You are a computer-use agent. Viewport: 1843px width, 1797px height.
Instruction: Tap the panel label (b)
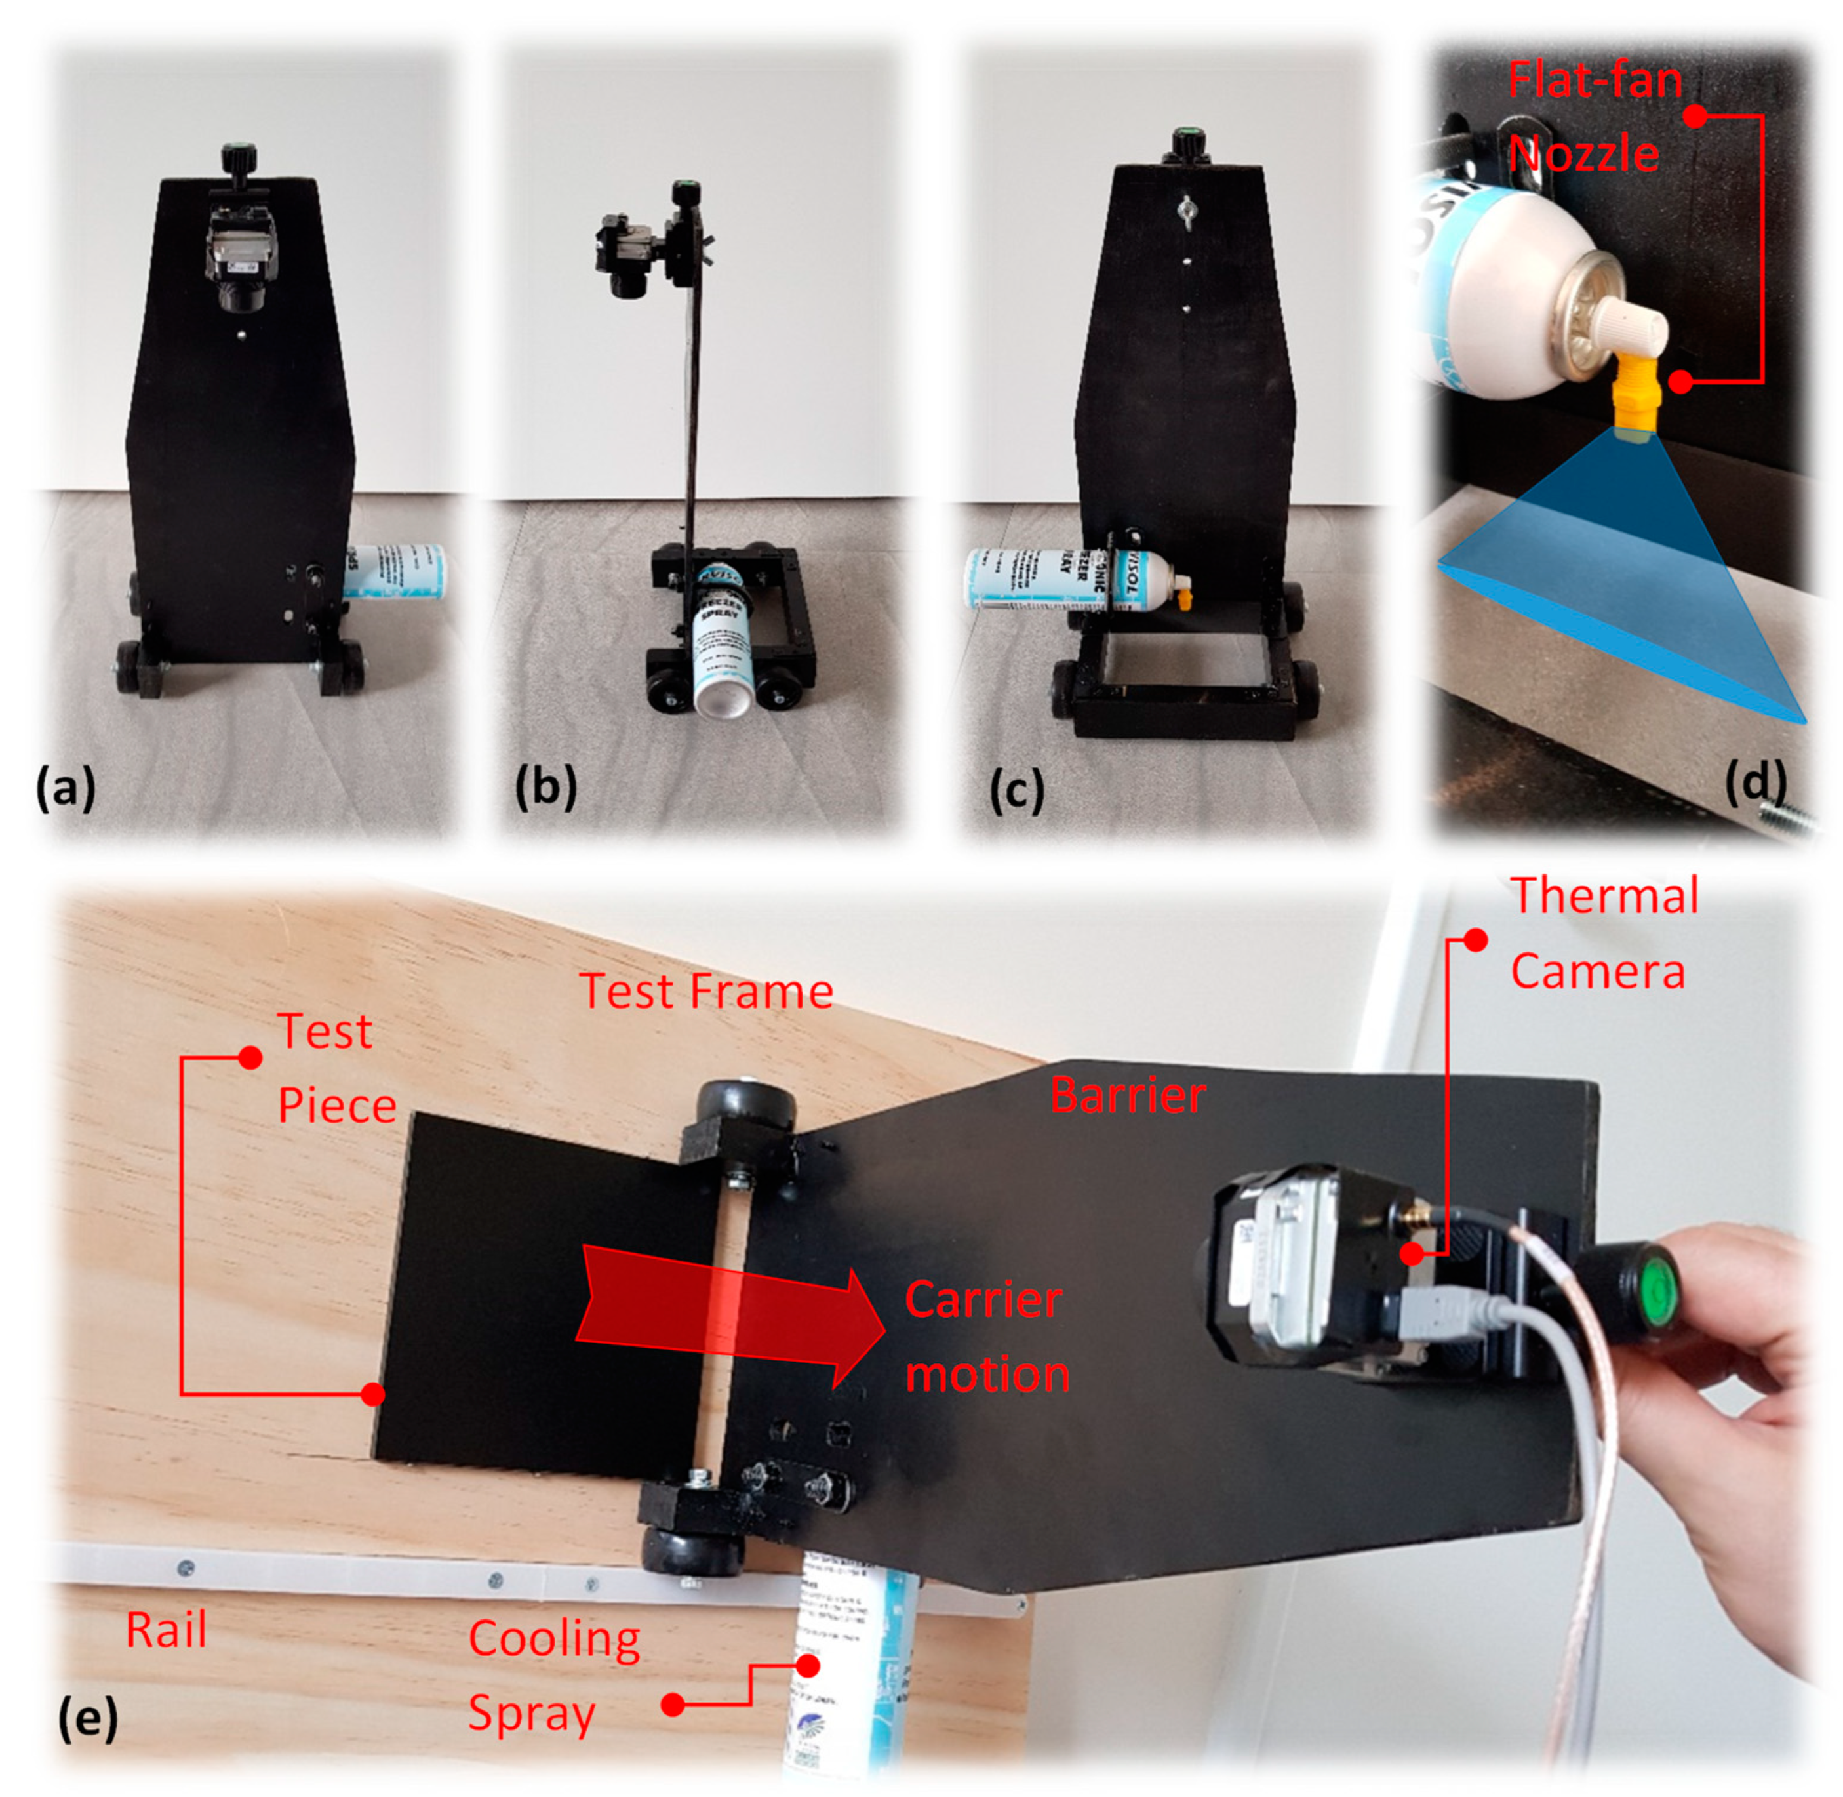point(545,786)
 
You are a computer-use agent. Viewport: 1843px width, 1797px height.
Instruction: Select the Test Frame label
point(706,992)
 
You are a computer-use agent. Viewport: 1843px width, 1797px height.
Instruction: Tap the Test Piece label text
point(336,1068)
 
